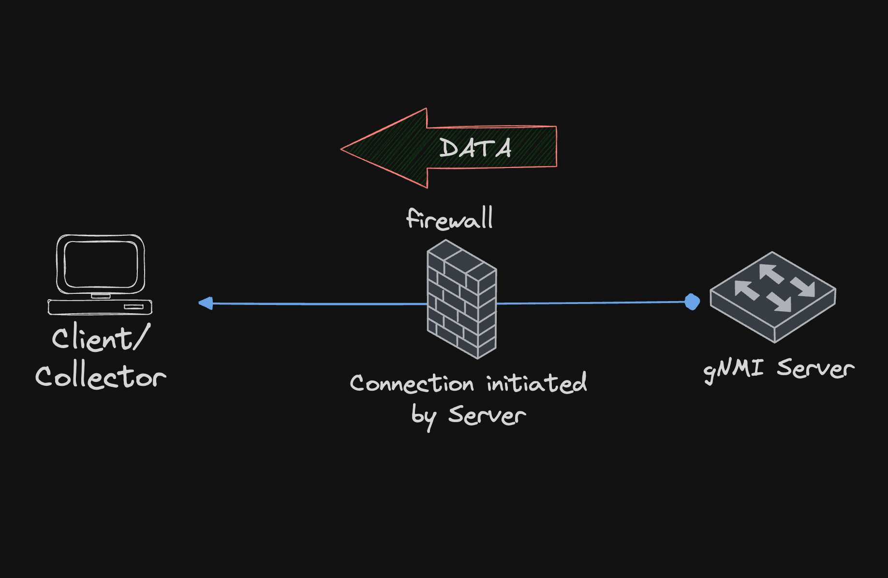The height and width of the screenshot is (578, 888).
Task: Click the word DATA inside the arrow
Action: click(x=475, y=148)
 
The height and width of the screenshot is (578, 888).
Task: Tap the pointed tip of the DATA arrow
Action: click(x=343, y=149)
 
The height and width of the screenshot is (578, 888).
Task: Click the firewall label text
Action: click(x=450, y=219)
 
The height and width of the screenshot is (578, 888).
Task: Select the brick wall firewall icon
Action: click(x=461, y=299)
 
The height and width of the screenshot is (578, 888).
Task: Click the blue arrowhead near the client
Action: click(x=206, y=303)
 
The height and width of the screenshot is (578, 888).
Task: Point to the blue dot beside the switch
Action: click(x=692, y=302)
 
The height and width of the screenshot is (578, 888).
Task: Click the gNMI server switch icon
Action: click(x=772, y=297)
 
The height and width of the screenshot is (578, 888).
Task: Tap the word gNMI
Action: click(x=733, y=369)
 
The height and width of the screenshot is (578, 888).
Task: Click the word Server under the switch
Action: click(x=815, y=368)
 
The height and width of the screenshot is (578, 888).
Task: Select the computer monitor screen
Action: click(x=101, y=264)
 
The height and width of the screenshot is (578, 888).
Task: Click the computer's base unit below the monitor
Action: click(x=100, y=307)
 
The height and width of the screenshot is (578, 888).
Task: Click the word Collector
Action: click(x=101, y=377)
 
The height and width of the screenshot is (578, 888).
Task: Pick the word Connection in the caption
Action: click(x=412, y=383)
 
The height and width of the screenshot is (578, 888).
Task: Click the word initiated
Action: click(x=536, y=383)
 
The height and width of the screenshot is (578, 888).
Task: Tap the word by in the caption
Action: click(x=424, y=416)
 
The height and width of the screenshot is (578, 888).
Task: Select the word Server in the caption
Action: click(x=487, y=415)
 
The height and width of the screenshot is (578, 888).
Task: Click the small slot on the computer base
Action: click(x=133, y=307)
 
